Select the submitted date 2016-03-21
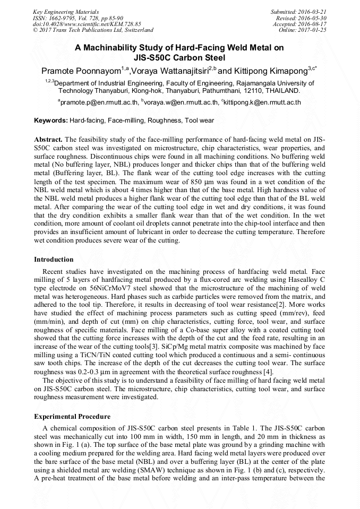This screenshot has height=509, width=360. coord(312,11)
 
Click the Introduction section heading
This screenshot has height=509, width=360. coord(54,260)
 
